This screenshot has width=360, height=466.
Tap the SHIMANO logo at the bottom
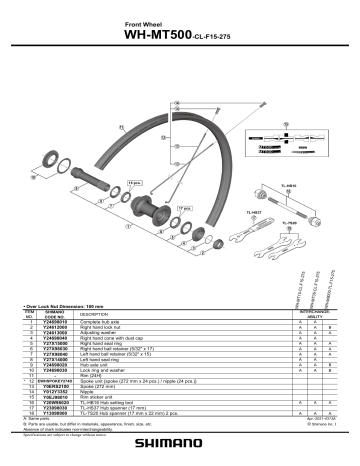180,448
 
